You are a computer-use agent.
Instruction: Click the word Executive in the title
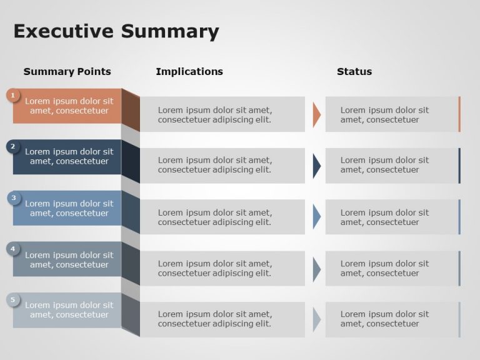coord(63,31)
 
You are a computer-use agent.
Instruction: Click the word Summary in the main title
coord(170,32)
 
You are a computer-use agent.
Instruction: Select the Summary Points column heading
coord(67,72)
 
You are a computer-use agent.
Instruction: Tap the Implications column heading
coord(189,72)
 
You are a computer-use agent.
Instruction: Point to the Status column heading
coord(354,72)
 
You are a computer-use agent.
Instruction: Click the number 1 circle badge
coord(13,96)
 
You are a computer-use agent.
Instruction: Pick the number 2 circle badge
coord(13,147)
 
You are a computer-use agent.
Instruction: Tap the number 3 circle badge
coord(14,198)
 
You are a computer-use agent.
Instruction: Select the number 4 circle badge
coord(13,249)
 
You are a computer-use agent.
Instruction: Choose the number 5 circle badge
coord(13,300)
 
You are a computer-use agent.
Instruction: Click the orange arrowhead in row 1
coord(316,115)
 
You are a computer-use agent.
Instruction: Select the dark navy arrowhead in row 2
coord(316,166)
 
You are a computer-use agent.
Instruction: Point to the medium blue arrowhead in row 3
coord(316,217)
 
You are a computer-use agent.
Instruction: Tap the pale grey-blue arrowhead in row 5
coord(316,319)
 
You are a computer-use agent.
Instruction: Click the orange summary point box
coord(67,106)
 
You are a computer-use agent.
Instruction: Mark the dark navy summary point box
coord(67,157)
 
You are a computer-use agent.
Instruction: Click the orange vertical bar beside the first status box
coord(459,114)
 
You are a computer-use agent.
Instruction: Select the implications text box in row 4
coord(222,269)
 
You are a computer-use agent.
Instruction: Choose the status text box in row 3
coord(392,217)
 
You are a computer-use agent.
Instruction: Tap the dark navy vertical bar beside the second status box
coord(459,166)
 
